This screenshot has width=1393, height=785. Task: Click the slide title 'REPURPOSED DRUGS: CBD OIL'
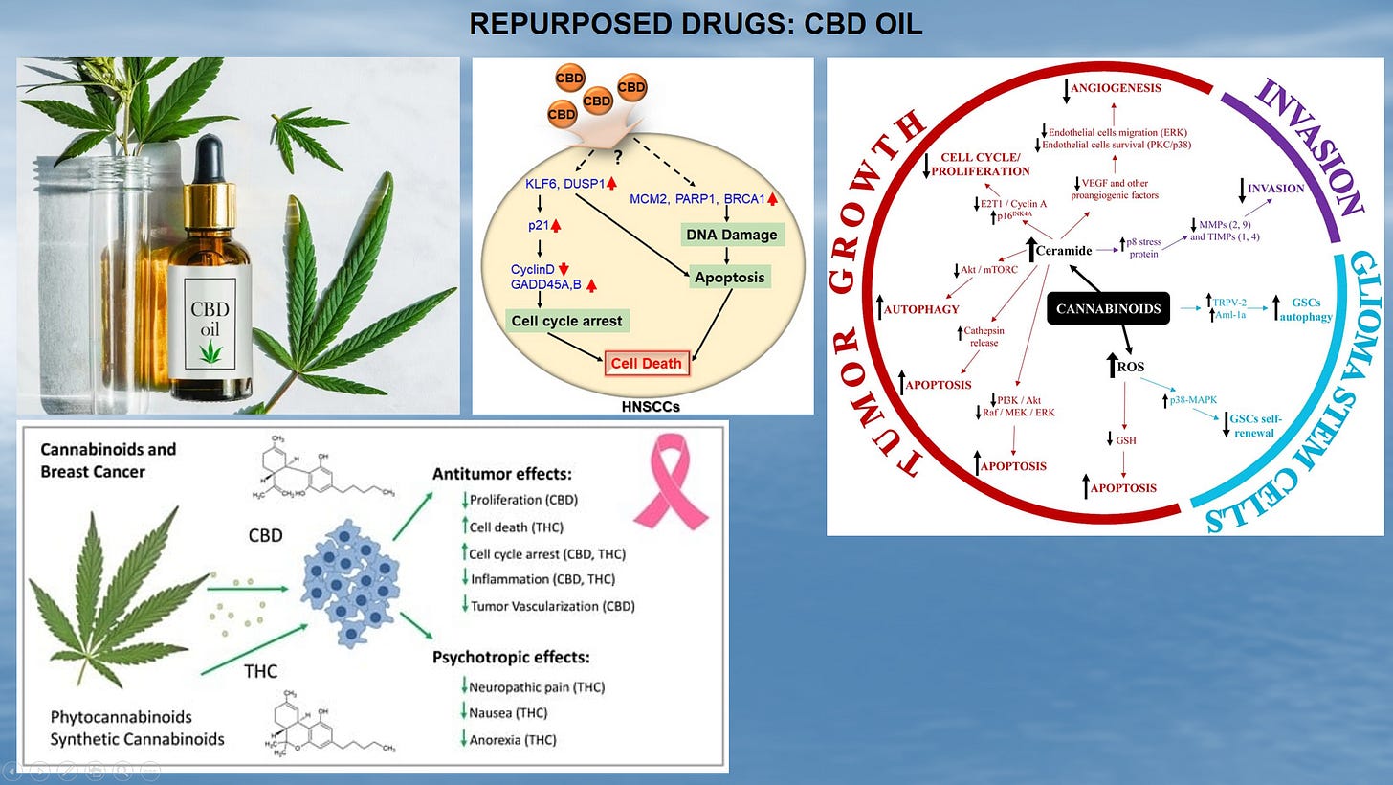[696, 24]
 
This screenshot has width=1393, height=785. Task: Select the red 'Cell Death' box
[647, 363]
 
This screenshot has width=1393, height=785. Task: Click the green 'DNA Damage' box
[730, 234]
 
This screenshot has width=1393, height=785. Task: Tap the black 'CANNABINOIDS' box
[1110, 308]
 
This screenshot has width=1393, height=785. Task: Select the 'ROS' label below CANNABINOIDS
[1132, 367]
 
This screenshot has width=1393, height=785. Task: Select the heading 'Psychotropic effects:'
[511, 657]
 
